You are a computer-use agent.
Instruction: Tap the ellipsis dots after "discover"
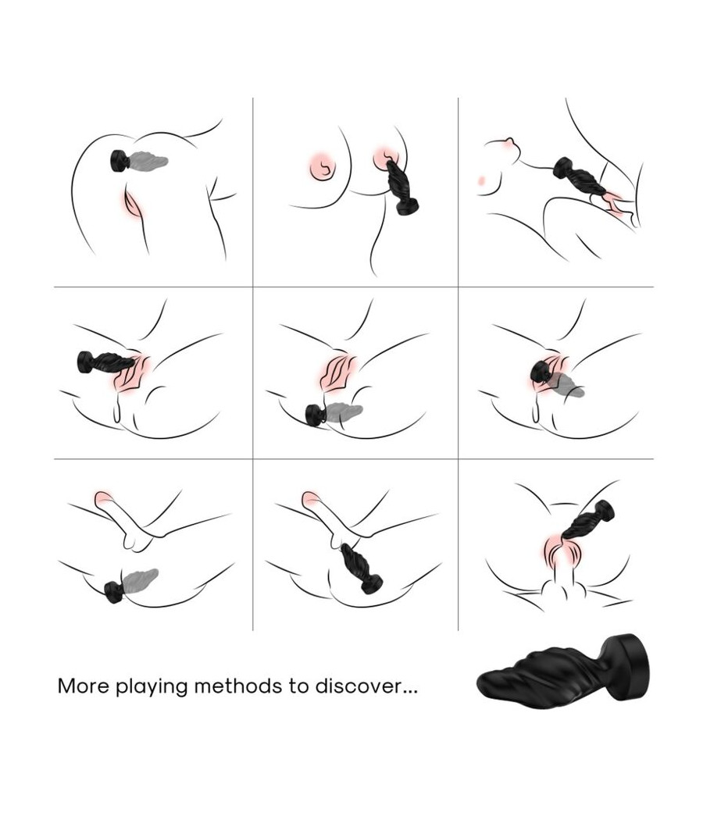click(x=409, y=692)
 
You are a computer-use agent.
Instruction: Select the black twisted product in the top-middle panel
click(x=401, y=187)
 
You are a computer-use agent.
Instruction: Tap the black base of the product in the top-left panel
click(x=120, y=161)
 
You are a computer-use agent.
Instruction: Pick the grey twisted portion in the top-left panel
click(x=148, y=160)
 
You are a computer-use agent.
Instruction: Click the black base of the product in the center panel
click(x=316, y=414)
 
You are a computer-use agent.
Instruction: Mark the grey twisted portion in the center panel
click(x=344, y=412)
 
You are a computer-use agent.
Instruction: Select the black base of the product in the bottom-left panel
click(x=113, y=592)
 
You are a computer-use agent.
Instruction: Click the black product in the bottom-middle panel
click(x=361, y=569)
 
